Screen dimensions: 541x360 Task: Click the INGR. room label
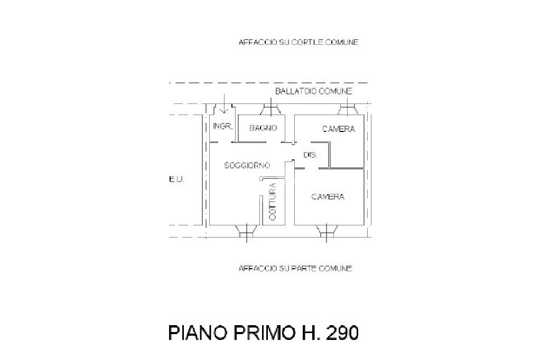[222, 127]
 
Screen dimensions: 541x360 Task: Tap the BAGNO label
[263, 128]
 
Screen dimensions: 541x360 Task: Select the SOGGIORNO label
[247, 165]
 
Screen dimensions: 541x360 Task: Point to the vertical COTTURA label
[273, 201]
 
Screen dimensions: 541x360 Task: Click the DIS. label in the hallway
[310, 155]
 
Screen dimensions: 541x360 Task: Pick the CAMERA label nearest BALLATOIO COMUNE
[339, 129]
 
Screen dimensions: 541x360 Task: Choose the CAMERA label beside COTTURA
[328, 197]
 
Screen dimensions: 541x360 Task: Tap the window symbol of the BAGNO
[270, 109]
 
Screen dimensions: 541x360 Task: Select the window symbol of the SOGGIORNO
[246, 231]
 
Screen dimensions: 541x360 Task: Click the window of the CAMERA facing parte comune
[327, 231]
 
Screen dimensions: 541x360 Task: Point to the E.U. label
[176, 180]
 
